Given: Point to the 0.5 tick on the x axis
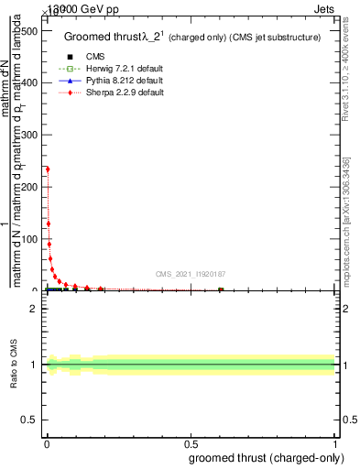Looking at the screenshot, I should point(191,443).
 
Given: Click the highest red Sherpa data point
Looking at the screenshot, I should point(47,169).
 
